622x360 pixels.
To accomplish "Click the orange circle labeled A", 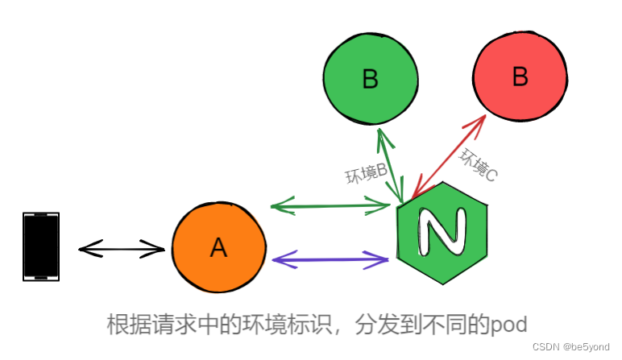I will pyautogui.click(x=218, y=248).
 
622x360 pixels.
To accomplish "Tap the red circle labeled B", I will pyautogui.click(x=520, y=77).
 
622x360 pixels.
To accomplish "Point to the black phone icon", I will pyautogui.click(x=41, y=246).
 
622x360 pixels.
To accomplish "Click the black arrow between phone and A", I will pyautogui.click(x=122, y=250).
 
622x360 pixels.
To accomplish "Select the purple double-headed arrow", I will pyautogui.click(x=331, y=259).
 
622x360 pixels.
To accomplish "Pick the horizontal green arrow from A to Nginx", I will pyautogui.click(x=330, y=207).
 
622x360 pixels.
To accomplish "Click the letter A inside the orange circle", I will pyautogui.click(x=218, y=249).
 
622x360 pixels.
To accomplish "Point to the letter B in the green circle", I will pyautogui.click(x=371, y=79).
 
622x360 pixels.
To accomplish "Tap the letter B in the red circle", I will pyautogui.click(x=520, y=77).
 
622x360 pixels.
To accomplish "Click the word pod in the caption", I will pyautogui.click(x=509, y=325).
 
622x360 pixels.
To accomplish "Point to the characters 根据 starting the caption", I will pyautogui.click(x=127, y=325).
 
